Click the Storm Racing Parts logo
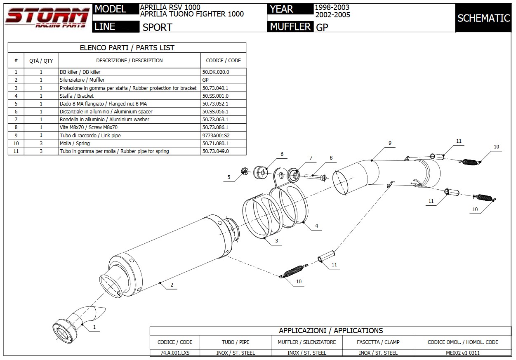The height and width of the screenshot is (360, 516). (x=47, y=17)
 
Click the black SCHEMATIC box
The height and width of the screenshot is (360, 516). (x=483, y=18)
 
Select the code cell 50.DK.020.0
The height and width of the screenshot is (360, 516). (x=215, y=72)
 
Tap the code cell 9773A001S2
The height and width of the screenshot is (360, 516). (x=216, y=135)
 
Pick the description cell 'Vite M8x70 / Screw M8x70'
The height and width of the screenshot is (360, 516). (x=89, y=127)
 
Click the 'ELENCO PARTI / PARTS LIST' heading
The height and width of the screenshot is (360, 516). (x=127, y=48)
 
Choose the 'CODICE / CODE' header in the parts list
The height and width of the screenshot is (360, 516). (x=223, y=61)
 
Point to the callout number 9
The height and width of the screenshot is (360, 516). (x=389, y=143)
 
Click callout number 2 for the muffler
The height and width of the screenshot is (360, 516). (x=172, y=285)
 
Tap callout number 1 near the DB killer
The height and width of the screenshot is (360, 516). (x=94, y=327)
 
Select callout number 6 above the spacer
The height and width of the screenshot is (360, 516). (x=282, y=154)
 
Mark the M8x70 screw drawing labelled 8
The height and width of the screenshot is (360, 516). (x=316, y=177)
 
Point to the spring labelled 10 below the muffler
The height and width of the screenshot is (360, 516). (x=294, y=271)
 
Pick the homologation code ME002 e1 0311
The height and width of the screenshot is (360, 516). (x=463, y=353)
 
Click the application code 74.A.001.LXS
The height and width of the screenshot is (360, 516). (x=175, y=353)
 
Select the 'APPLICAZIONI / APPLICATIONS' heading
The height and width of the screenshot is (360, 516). (x=331, y=331)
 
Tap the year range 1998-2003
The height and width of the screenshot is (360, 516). (x=332, y=7)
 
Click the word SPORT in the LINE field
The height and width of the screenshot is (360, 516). (x=158, y=27)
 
